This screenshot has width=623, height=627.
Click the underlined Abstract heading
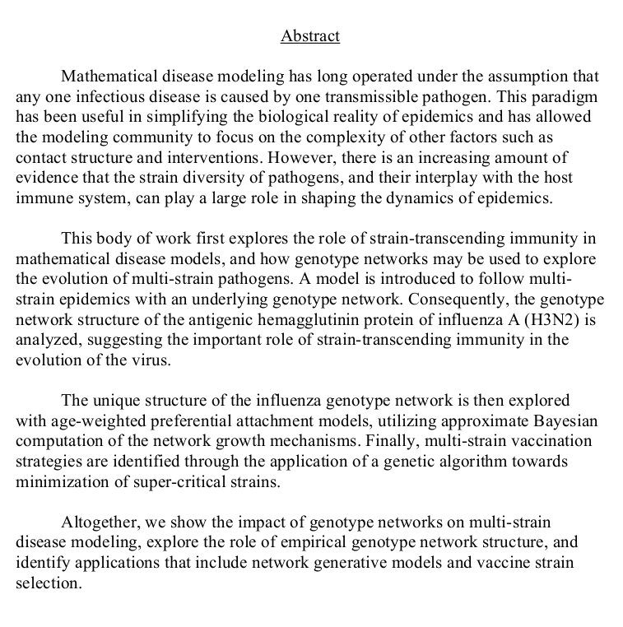click(310, 36)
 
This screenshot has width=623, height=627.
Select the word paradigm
click(561, 97)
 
